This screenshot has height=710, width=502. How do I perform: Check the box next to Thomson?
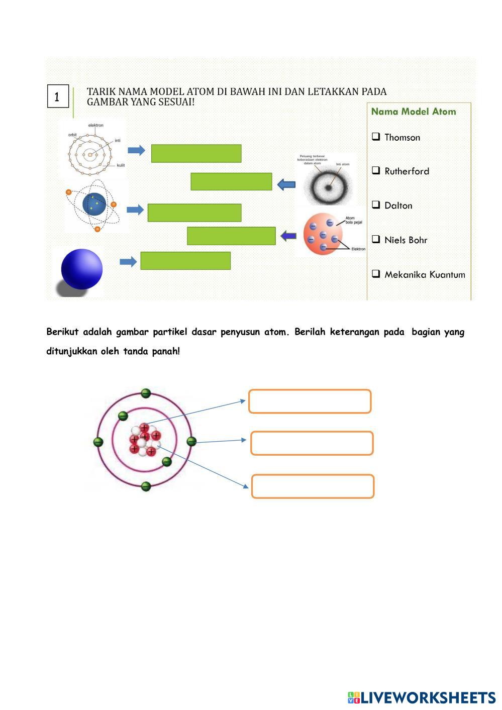[x=376, y=136]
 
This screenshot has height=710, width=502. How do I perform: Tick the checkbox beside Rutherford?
[x=376, y=170]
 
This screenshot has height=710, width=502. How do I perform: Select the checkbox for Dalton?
[x=376, y=205]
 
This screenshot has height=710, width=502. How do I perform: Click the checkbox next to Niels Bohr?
[x=376, y=239]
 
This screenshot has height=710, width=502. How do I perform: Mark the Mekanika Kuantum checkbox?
[x=376, y=274]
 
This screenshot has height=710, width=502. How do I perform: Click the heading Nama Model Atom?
[x=413, y=112]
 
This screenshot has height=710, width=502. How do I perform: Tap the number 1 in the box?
[x=57, y=96]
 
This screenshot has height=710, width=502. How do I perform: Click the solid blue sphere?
[x=81, y=269]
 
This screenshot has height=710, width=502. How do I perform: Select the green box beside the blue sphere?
[x=185, y=261]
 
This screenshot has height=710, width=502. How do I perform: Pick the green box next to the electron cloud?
[x=231, y=181]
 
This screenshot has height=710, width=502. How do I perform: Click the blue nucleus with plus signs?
[x=94, y=204]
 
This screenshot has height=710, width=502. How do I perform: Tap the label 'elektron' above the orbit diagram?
[x=95, y=125]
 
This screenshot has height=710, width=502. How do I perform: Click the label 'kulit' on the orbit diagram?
[x=121, y=165]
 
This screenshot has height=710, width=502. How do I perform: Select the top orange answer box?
[x=310, y=401]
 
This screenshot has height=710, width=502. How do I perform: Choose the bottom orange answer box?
[x=313, y=486]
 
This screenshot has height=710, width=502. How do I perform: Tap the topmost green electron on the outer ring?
[x=146, y=393]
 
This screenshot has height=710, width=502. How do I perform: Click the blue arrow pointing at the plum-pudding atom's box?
[x=288, y=235]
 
